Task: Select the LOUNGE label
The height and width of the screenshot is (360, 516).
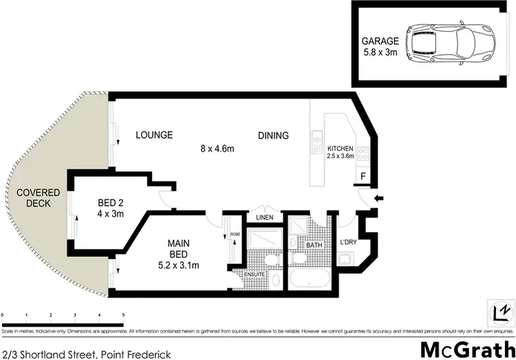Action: coord(153,135)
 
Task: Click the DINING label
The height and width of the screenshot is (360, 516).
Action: coord(273,135)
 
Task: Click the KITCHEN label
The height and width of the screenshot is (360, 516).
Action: coord(341,149)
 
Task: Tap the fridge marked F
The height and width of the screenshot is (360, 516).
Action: coord(363,176)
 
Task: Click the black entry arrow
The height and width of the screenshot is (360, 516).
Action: coord(376,200)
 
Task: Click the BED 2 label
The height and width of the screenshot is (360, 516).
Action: coord(110,202)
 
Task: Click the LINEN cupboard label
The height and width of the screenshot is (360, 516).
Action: coord(264,218)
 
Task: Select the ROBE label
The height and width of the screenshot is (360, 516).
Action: coord(235,235)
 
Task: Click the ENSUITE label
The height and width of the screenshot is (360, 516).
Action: coord(254,275)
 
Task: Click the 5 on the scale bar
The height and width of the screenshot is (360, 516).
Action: coord(122,315)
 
